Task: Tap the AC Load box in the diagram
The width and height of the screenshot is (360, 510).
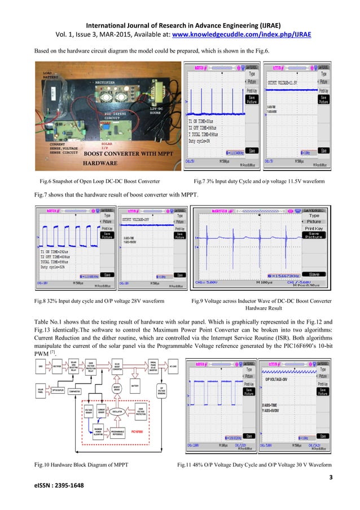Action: pyautogui.click(x=175, y=366)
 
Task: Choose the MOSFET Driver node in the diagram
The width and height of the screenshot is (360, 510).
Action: pyautogui.click(x=117, y=389)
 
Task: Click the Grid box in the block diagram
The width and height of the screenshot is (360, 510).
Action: pyautogui.click(x=41, y=366)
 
